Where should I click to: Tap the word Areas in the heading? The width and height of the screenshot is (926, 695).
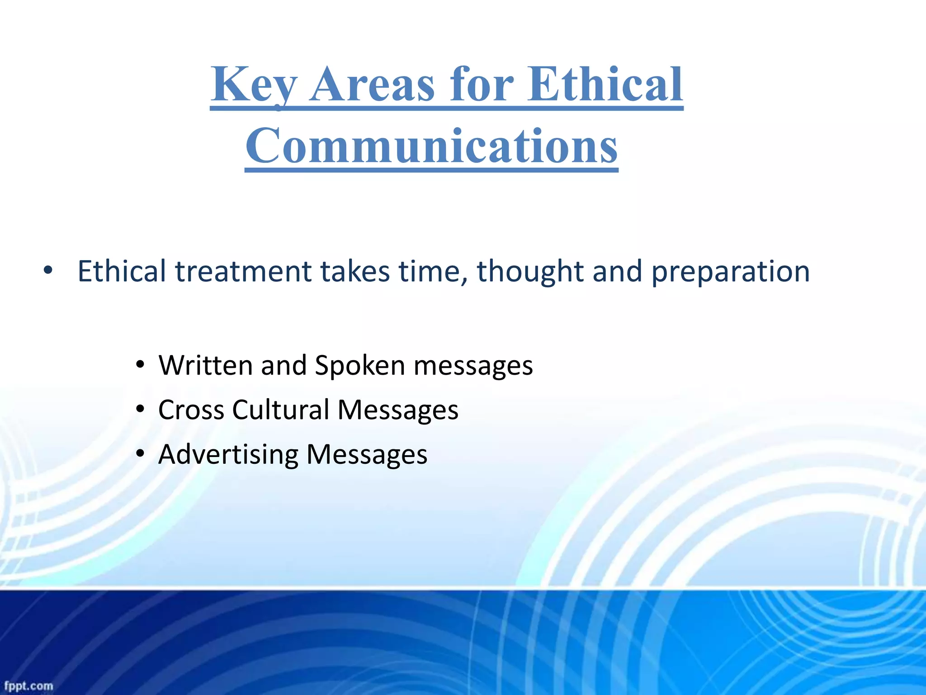[x=372, y=85]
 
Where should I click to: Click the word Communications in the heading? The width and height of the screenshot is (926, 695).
[x=431, y=147]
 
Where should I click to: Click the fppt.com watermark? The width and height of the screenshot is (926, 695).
[x=28, y=686]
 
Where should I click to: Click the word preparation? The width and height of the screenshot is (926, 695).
[x=730, y=271]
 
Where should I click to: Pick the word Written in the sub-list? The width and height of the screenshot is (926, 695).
[x=205, y=365]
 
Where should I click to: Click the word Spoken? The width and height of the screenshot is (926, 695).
[x=360, y=365]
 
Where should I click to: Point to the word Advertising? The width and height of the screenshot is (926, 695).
[x=228, y=455]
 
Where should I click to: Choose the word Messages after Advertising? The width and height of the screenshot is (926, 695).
[x=367, y=455]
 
